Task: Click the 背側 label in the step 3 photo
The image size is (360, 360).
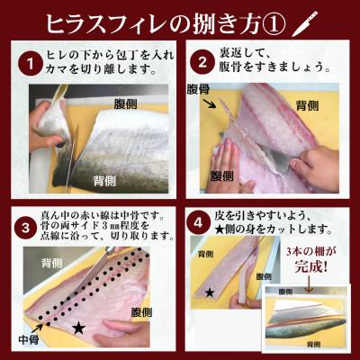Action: coord(53,262)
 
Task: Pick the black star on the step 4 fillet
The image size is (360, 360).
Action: coord(210,293)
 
